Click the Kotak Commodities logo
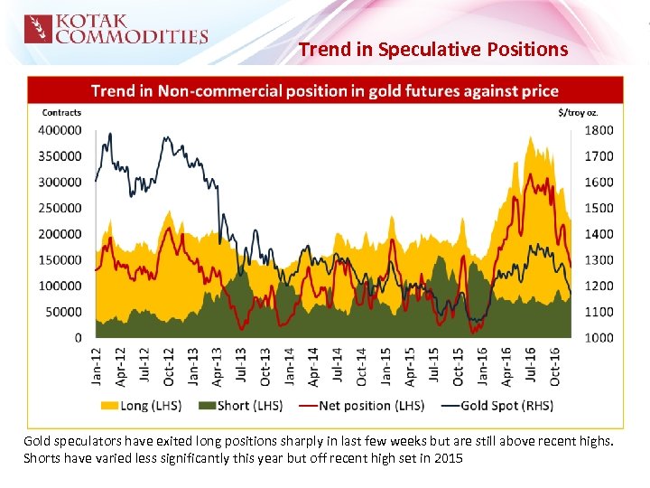pyautogui.click(x=116, y=29)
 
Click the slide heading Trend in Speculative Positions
pyautogui.click(x=433, y=49)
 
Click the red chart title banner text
pyautogui.click(x=325, y=90)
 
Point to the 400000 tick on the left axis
pyautogui.click(x=60, y=130)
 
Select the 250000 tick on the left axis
pyautogui.click(x=60, y=208)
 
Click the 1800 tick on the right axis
pyautogui.click(x=599, y=130)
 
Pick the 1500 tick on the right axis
pyautogui.click(x=599, y=208)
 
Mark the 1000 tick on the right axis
pyautogui.click(x=599, y=338)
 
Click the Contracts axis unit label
pyautogui.click(x=61, y=113)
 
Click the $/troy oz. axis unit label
pyautogui.click(x=579, y=113)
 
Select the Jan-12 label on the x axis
pyautogui.click(x=97, y=366)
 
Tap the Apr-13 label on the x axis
pyautogui.click(x=218, y=366)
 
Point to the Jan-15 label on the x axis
pyautogui.click(x=386, y=366)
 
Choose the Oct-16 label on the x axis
pyautogui.click(x=555, y=366)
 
